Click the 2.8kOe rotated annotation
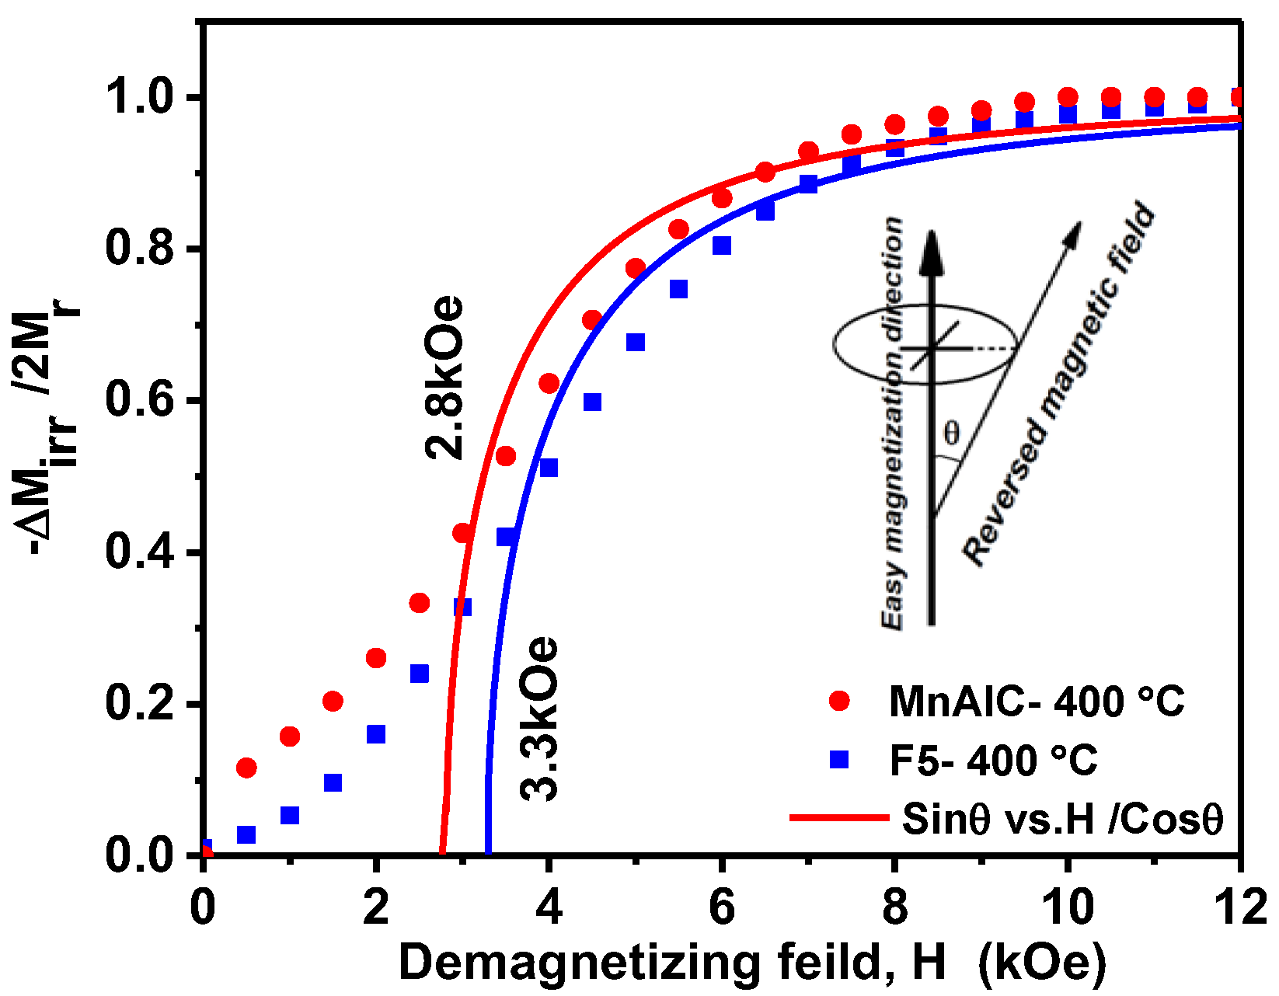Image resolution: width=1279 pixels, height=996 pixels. [444, 378]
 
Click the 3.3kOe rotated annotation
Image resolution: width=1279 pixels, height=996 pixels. [539, 719]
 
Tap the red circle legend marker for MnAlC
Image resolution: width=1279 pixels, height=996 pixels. [839, 701]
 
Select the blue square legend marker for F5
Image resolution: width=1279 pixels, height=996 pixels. [839, 758]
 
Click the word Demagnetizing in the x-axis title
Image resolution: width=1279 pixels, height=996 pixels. [579, 963]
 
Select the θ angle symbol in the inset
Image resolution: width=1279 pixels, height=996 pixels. [951, 433]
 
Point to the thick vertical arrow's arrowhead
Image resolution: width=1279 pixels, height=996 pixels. [932, 250]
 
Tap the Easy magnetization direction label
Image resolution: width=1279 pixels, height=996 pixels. [894, 423]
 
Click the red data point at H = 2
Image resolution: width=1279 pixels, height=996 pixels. [376, 658]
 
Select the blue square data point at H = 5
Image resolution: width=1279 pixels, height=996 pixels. [636, 343]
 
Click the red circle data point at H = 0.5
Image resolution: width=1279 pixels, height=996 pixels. [246, 768]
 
